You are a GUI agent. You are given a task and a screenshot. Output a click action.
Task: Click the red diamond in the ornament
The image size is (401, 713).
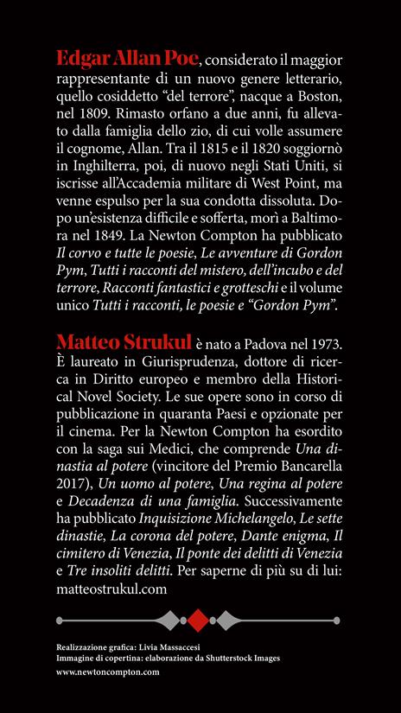(x=200, y=621)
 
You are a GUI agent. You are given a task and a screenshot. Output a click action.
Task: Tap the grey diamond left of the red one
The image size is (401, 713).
(x=169, y=621)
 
